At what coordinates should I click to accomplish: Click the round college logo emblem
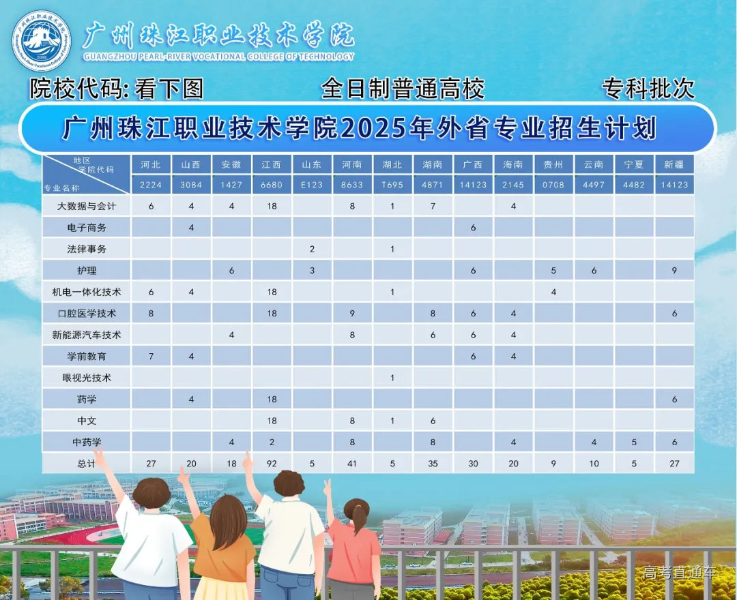click(42, 41)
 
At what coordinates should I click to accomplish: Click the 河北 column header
click(151, 164)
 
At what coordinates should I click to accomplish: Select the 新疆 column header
click(674, 164)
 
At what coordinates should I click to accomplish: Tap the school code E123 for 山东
click(312, 185)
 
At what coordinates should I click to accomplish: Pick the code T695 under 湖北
click(392, 185)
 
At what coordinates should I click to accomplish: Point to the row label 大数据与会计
click(87, 206)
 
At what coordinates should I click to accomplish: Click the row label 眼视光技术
click(87, 378)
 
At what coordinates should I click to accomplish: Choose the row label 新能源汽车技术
click(87, 335)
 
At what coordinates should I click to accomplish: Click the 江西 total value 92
click(272, 464)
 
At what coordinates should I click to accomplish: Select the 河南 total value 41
click(352, 464)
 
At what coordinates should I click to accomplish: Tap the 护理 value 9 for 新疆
click(674, 271)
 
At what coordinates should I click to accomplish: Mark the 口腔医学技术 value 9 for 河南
click(352, 314)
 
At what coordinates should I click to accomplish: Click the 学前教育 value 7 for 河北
click(151, 357)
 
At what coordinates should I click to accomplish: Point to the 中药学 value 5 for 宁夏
click(634, 442)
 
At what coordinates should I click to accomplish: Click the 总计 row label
click(87, 464)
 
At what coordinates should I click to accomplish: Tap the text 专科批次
click(648, 89)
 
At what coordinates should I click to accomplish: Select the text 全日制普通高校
click(403, 89)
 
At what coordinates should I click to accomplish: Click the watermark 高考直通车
click(679, 573)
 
